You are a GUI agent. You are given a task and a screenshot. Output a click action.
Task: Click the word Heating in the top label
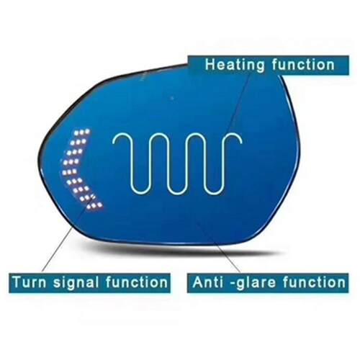click(x=235, y=65)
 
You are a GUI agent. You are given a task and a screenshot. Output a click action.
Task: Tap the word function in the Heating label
click(x=303, y=64)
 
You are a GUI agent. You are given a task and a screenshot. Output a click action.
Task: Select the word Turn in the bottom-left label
click(x=30, y=282)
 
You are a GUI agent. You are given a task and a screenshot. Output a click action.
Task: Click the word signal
click(x=76, y=283)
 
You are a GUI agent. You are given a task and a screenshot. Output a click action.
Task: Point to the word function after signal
click(x=137, y=282)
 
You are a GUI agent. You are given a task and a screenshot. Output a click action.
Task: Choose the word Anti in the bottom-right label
click(x=208, y=282)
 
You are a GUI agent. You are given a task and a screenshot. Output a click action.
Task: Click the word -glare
click(x=253, y=283)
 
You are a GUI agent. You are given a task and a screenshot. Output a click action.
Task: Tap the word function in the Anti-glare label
click(x=314, y=282)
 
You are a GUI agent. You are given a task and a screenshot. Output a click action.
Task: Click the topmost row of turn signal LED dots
click(x=82, y=132)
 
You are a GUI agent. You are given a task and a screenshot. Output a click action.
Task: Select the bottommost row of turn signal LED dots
click(x=95, y=205)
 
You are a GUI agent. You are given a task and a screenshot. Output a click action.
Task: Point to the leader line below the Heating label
click(x=239, y=104)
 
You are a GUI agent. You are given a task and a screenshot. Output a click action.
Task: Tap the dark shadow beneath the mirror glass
click(x=182, y=251)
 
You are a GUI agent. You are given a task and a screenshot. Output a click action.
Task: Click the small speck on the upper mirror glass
click(x=172, y=98)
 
